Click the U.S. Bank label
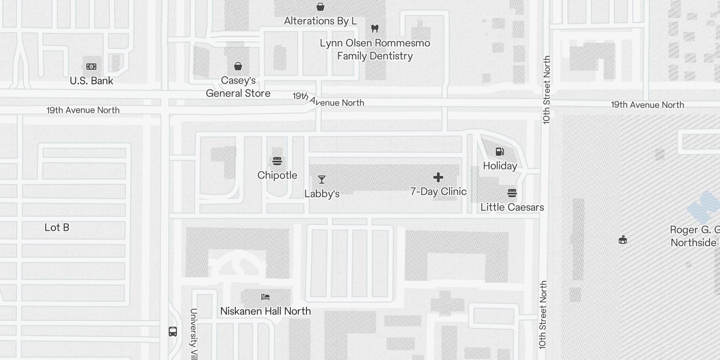point(91,81)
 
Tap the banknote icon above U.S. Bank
point(91,67)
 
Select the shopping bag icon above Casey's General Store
point(238,67)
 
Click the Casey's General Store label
point(238,87)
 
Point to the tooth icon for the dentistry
point(374,29)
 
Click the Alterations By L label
point(320,21)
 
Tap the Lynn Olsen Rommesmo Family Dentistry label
point(375,49)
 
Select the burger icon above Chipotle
point(277,161)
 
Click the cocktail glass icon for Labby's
point(322,180)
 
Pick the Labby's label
point(322,194)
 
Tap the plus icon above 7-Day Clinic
point(438,177)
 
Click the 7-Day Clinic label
point(438,192)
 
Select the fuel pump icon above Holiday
point(500,152)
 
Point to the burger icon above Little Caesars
point(512,193)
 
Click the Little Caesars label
point(512,207)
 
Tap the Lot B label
point(57,228)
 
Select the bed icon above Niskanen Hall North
point(265,297)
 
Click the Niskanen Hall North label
point(265,311)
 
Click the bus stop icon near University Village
point(173,332)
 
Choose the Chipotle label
point(277,175)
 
